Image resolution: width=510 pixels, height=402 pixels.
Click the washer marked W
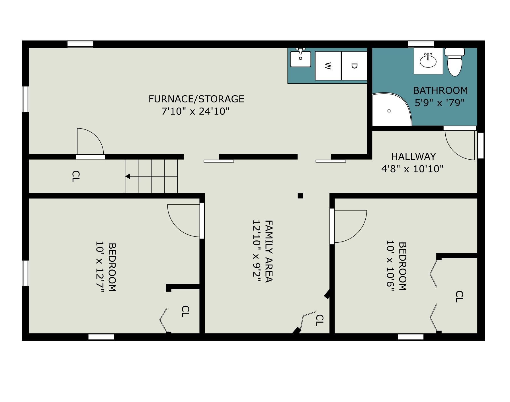(x=328, y=66)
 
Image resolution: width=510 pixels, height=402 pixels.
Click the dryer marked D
(x=354, y=66)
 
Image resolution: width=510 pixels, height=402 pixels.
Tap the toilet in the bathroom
(x=454, y=62)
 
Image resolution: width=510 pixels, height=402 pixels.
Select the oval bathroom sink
(x=428, y=61)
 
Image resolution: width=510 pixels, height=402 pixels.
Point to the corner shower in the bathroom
(x=392, y=109)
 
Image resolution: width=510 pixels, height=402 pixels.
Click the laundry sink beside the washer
(x=300, y=58)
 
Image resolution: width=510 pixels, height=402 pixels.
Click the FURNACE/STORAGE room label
(x=196, y=99)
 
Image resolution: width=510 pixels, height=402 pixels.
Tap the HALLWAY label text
(x=413, y=156)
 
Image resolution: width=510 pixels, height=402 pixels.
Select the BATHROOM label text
(x=440, y=90)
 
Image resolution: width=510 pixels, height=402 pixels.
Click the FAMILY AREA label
(x=269, y=251)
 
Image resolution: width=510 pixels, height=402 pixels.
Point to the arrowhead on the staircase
(x=128, y=176)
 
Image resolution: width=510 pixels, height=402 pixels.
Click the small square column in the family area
(x=300, y=196)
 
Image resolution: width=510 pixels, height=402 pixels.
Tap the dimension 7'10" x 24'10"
(x=195, y=111)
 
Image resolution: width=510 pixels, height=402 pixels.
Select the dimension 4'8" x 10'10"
(x=412, y=169)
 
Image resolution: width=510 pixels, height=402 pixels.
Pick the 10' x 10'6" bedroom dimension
(x=390, y=266)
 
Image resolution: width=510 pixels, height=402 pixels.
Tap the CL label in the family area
(x=319, y=320)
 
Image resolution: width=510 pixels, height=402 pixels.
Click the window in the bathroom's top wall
(x=421, y=44)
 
